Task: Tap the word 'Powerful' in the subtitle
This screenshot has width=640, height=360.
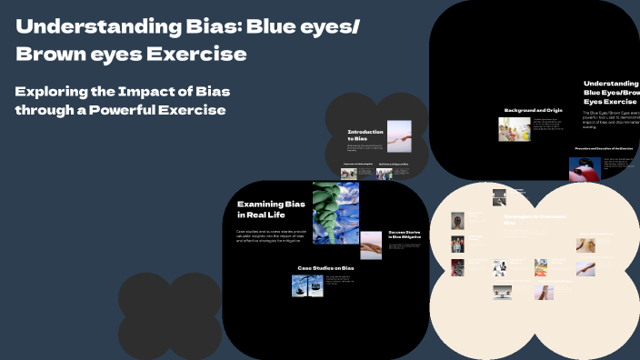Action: [x=177, y=110]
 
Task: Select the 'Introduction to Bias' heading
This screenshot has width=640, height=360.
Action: [x=365, y=135]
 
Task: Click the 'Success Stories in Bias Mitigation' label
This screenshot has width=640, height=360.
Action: [x=404, y=235]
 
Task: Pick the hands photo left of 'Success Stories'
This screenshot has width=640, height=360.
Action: [x=372, y=245]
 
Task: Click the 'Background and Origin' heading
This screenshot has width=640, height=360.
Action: [x=534, y=110]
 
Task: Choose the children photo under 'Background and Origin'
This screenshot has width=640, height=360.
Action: [x=514, y=129]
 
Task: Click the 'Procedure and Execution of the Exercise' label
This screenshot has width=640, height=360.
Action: [x=603, y=147]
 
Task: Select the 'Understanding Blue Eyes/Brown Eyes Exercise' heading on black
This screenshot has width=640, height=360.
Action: [x=611, y=92]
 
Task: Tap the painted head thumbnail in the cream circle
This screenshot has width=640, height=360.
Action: [x=458, y=221]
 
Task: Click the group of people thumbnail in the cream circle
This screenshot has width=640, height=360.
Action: [x=458, y=244]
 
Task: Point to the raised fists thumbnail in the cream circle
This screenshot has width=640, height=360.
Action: [x=458, y=267]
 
